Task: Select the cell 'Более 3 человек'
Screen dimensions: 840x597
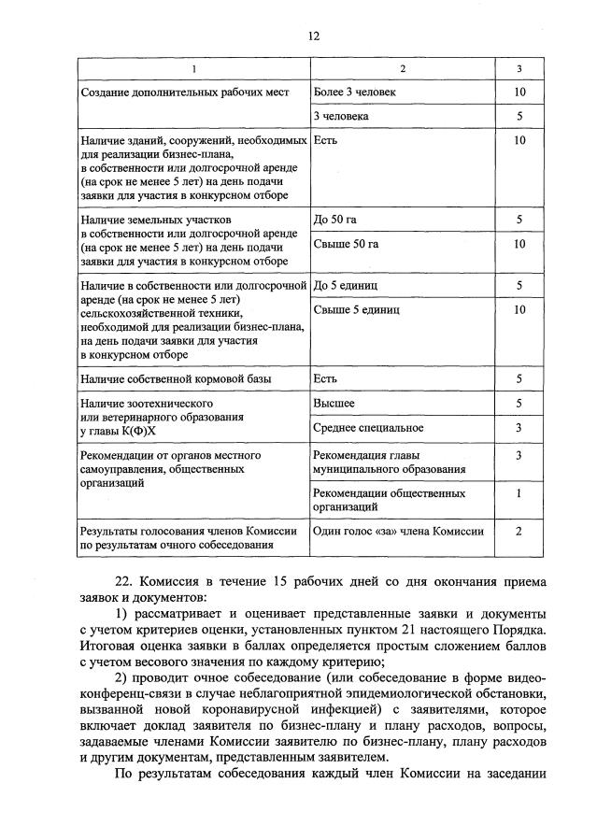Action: [355, 93]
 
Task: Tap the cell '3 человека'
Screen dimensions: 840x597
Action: [341, 117]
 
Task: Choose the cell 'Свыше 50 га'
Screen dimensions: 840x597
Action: [346, 244]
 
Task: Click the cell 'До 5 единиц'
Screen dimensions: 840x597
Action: [347, 285]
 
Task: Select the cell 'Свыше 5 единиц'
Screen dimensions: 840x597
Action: [357, 308]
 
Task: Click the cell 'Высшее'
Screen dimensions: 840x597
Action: [334, 403]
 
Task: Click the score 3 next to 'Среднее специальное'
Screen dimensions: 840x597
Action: [519, 427]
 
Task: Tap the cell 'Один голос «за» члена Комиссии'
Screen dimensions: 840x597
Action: [399, 531]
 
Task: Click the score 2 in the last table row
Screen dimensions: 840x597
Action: [519, 531]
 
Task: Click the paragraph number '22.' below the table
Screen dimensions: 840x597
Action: [125, 580]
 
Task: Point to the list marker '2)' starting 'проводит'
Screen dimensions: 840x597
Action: [122, 676]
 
